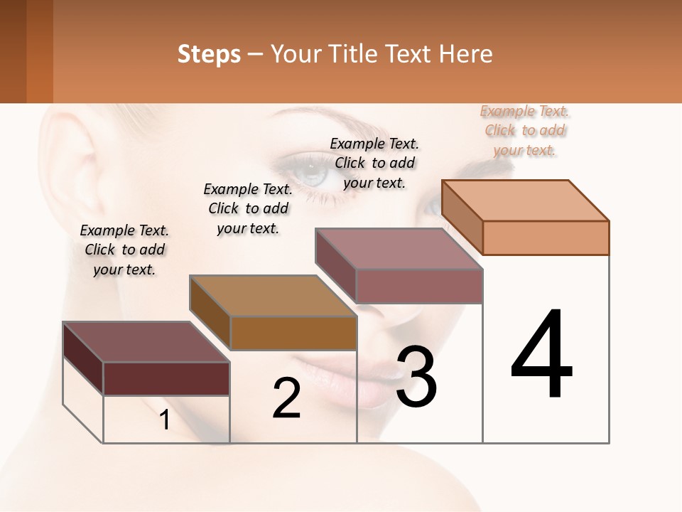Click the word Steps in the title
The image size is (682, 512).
coord(209,54)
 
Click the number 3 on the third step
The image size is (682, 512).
coord(416,376)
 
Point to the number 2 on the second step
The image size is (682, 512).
coord(286,398)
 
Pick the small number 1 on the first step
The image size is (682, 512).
coord(164,420)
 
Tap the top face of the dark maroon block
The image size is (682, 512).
coord(146,341)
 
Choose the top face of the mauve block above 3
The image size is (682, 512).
coord(399,248)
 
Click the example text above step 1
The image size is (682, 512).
coord(124,250)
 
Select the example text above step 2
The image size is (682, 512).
coord(248,208)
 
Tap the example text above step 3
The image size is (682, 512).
coord(374,163)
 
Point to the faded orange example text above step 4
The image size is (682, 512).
coord(524,130)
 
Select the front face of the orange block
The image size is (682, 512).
coord(546,238)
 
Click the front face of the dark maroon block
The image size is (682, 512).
coord(166,378)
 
